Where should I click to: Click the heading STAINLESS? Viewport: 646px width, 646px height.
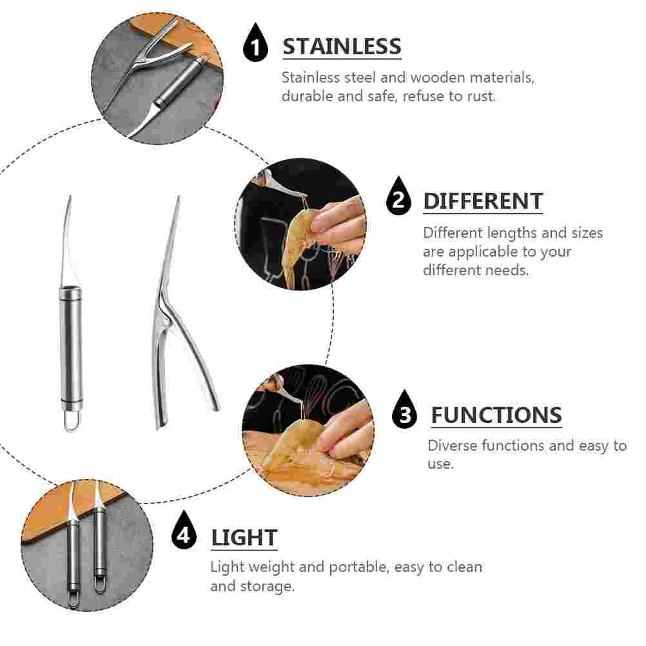(x=342, y=46)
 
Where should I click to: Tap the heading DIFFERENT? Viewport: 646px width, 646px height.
(x=483, y=201)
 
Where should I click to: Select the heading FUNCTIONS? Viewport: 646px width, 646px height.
(x=496, y=415)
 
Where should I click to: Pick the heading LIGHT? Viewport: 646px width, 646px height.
(x=244, y=538)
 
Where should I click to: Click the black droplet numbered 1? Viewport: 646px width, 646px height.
(x=255, y=43)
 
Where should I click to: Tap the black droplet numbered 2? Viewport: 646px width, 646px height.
(x=398, y=196)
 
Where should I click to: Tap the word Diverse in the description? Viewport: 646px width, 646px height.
(x=451, y=445)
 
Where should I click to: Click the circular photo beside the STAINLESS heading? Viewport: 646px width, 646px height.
(x=157, y=78)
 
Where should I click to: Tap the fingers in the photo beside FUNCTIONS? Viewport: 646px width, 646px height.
(x=346, y=429)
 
